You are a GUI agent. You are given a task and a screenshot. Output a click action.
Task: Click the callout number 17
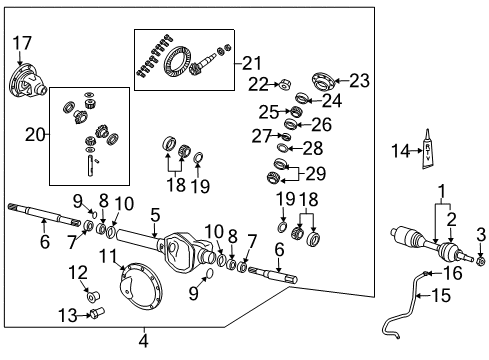click(21, 42)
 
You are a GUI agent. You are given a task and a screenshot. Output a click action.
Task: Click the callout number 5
click(154, 213)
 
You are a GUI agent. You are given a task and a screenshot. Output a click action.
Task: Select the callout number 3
click(481, 235)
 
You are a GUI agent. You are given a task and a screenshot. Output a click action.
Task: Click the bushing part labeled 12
click(92, 295)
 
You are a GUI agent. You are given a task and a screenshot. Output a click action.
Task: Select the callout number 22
click(259, 83)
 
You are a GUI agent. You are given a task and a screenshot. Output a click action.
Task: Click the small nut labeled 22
click(283, 85)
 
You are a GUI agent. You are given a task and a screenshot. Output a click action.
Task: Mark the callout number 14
click(401, 151)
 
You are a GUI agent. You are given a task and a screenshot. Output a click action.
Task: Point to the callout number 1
click(438, 189)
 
